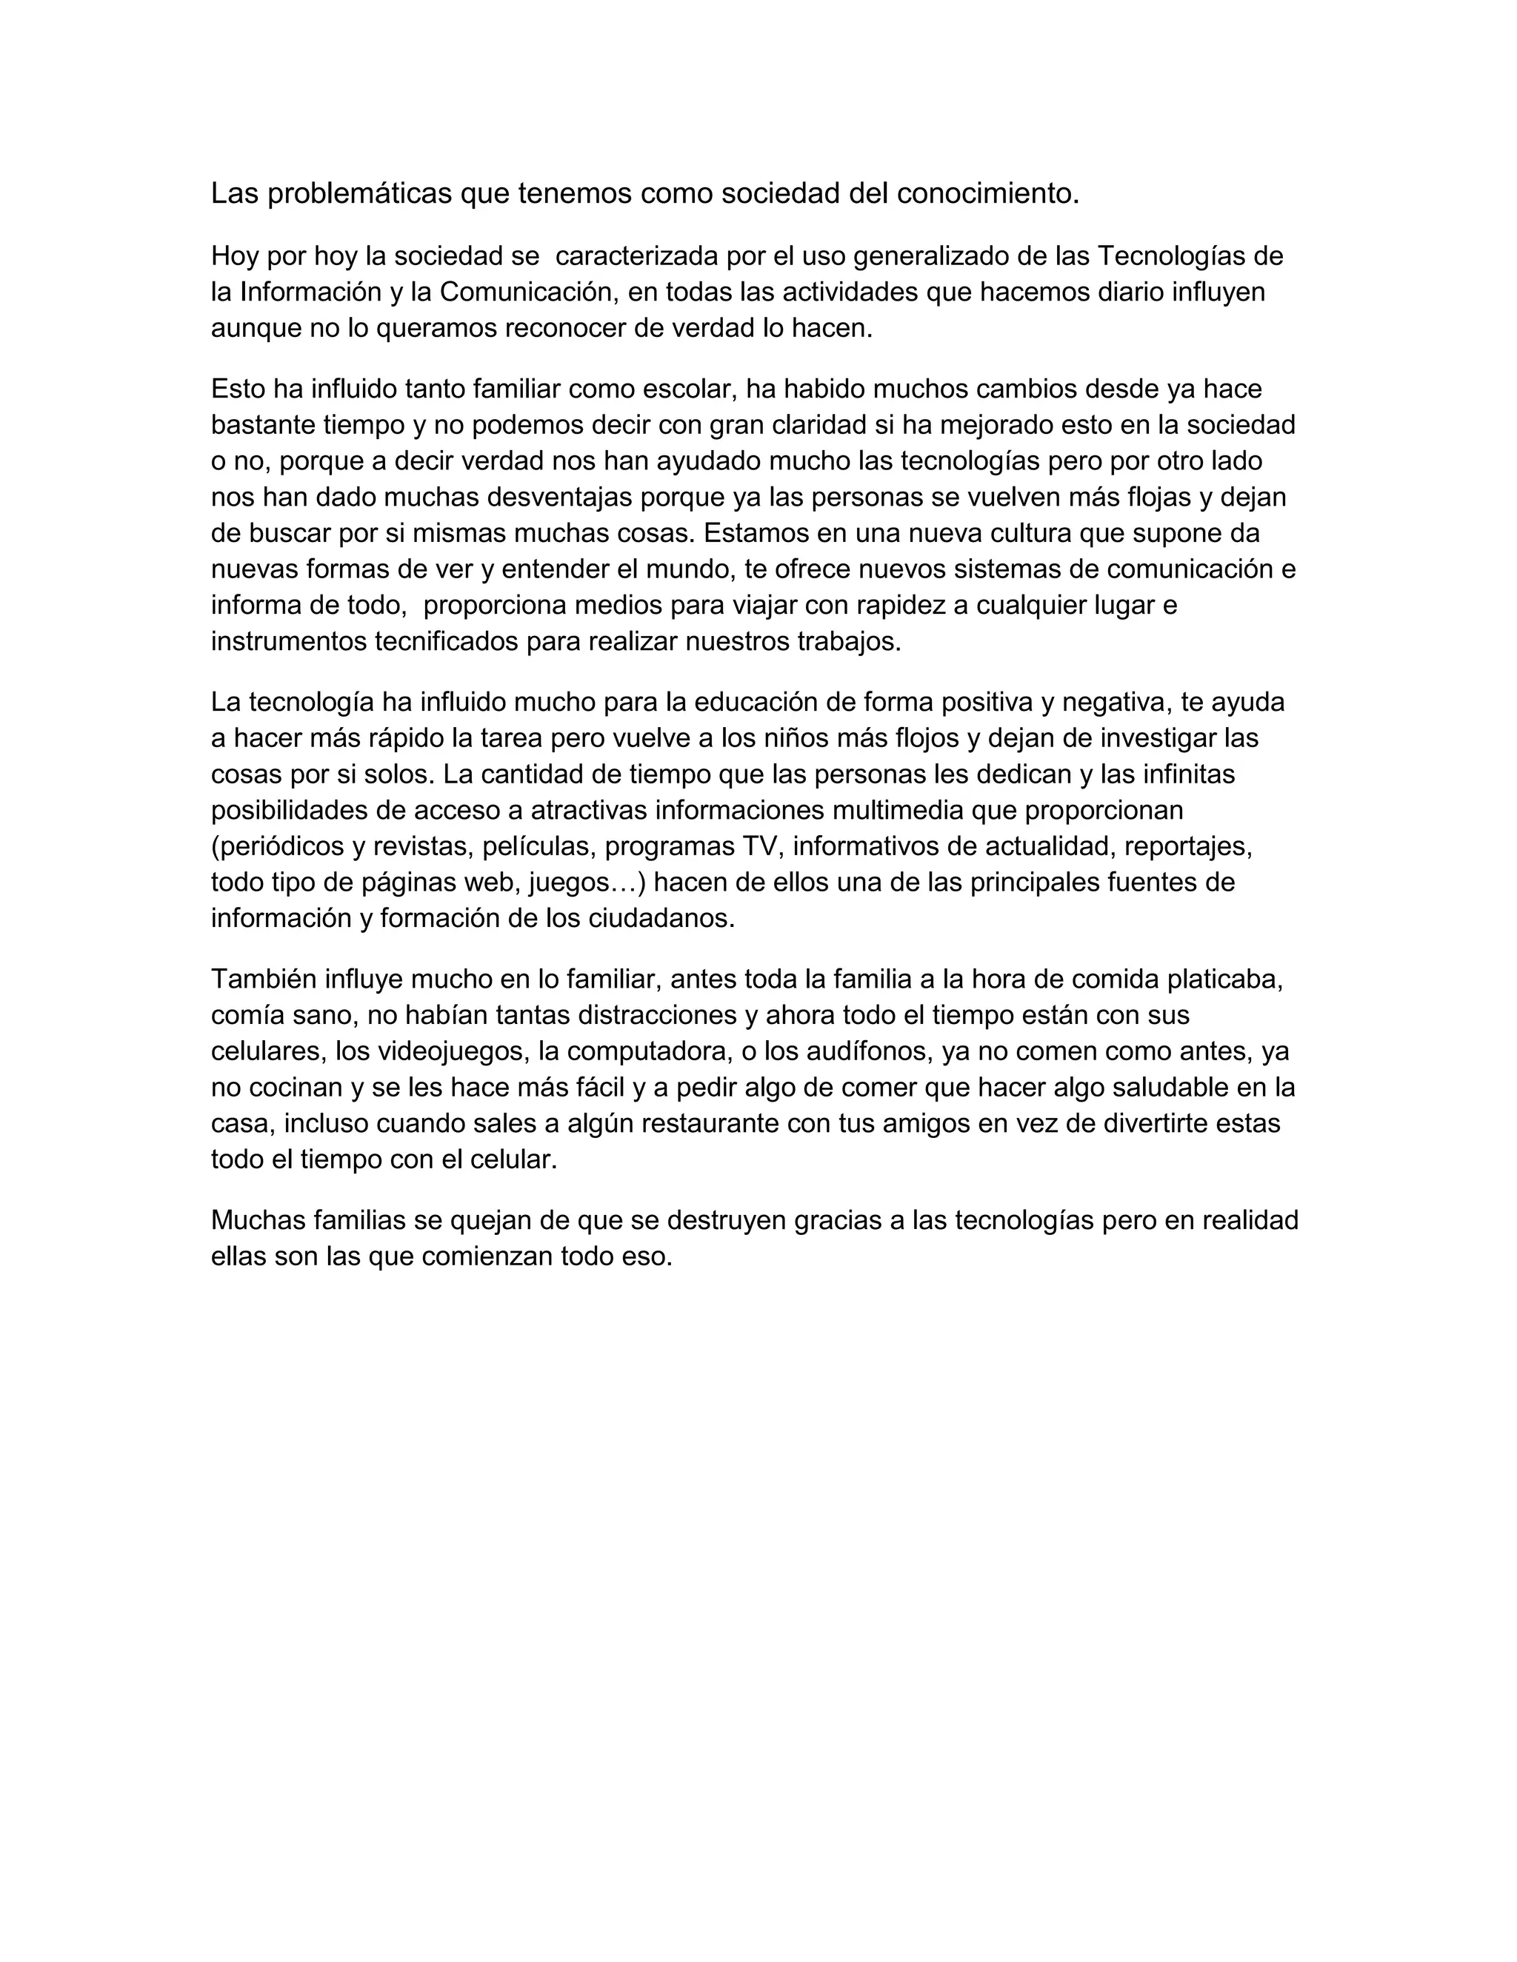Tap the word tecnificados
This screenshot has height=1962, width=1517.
point(446,643)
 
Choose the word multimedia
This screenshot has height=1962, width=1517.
point(894,810)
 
